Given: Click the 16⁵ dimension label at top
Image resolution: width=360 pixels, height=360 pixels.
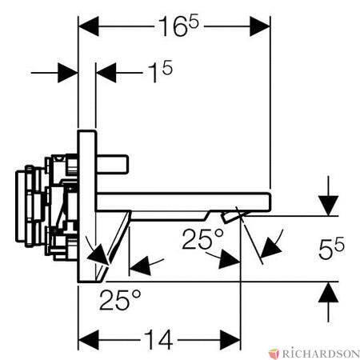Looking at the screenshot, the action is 179,26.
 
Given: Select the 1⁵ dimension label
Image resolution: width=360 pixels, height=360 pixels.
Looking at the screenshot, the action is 160,71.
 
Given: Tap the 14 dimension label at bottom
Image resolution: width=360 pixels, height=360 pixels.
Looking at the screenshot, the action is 159,340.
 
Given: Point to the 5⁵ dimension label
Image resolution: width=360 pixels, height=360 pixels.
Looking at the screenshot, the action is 331,249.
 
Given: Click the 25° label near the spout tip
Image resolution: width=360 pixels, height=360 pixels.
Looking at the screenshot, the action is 203,238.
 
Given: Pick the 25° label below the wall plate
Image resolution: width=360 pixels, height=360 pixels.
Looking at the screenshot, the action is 120,299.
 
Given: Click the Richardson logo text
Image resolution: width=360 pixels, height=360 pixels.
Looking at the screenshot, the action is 321,354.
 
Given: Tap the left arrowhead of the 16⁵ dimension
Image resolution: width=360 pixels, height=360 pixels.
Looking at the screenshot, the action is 88,26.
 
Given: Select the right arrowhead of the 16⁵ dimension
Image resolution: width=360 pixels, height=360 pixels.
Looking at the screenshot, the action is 260,26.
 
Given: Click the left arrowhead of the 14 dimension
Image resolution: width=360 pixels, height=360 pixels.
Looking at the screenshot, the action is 88,340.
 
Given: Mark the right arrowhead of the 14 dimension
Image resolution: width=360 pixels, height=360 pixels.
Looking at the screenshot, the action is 230,340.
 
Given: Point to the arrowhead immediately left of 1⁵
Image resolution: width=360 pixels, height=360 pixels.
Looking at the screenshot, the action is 106,73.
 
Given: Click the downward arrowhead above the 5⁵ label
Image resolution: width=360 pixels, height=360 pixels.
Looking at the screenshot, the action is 329,206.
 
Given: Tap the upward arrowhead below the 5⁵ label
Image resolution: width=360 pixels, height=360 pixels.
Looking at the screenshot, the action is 329,293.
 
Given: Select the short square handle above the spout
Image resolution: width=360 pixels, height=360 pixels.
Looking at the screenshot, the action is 112,164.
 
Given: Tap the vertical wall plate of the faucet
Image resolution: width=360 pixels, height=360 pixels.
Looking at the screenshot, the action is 86,206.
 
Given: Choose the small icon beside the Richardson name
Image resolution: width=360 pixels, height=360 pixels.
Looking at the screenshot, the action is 274,354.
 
